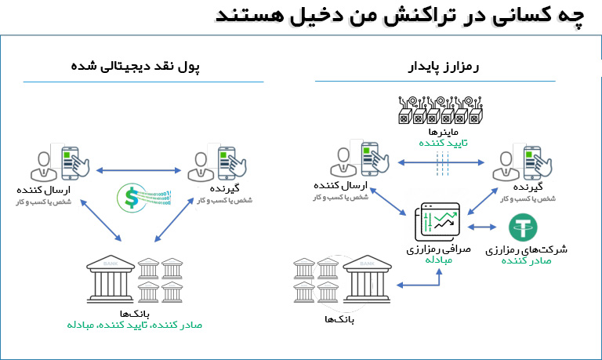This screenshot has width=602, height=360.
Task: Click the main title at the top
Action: (x=401, y=16)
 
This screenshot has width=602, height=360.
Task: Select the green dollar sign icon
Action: (x=129, y=197)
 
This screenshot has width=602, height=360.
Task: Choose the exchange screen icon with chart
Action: (x=436, y=222)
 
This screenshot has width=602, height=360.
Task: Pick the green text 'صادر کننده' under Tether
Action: (x=528, y=262)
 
